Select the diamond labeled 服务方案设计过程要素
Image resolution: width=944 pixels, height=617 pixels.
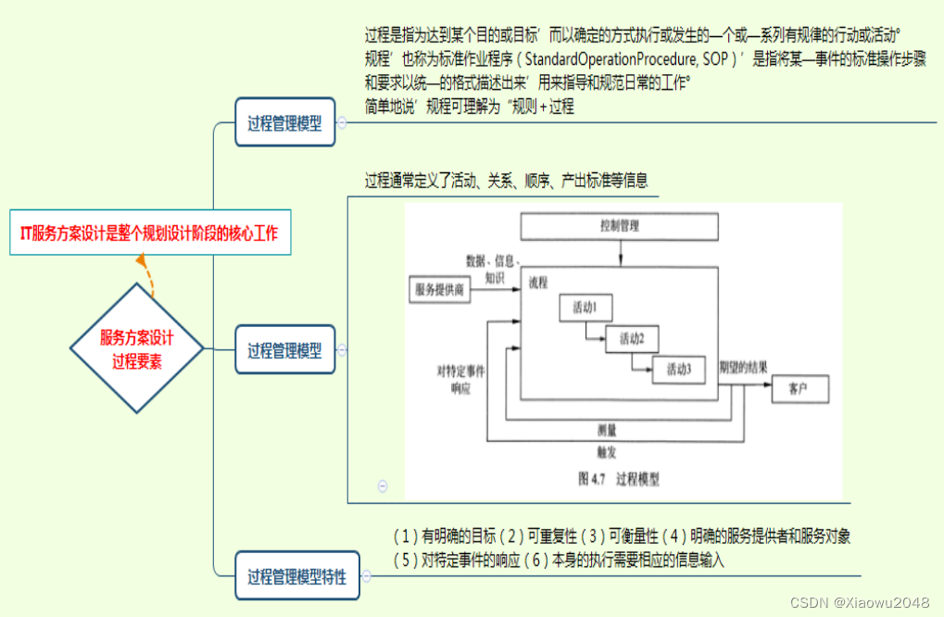tap(137, 348)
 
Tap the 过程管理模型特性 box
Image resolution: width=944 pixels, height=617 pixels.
tap(296, 577)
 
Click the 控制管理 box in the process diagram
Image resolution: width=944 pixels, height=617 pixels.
tap(619, 225)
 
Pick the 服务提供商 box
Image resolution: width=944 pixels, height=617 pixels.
tap(440, 289)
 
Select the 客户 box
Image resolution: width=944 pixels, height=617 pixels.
tap(799, 389)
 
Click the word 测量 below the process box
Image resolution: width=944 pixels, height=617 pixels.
tap(607, 429)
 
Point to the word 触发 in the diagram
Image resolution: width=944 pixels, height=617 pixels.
tap(607, 453)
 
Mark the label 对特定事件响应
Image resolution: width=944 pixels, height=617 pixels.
tap(460, 379)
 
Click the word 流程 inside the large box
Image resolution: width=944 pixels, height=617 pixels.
tap(538, 280)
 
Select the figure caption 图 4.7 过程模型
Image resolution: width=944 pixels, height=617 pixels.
tap(618, 479)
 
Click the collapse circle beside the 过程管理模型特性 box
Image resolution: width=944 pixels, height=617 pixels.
tap(366, 577)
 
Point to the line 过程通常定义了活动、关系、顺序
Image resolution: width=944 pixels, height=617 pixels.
tap(506, 181)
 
